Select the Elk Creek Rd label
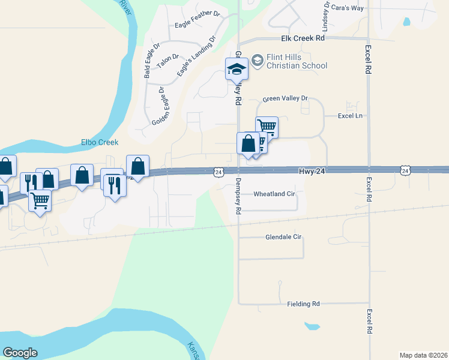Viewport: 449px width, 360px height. click(x=303, y=38)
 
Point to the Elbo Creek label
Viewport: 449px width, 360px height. click(x=100, y=142)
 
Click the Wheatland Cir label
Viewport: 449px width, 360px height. click(x=274, y=194)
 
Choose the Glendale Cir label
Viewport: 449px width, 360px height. click(x=283, y=237)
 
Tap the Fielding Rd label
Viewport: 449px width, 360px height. click(x=303, y=304)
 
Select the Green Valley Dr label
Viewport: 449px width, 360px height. click(x=285, y=98)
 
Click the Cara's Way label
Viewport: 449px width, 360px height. click(x=348, y=8)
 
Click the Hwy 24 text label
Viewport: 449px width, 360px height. click(x=312, y=171)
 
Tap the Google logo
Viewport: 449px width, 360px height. click(x=20, y=353)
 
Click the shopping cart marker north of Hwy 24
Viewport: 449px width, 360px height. click(x=267, y=127)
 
